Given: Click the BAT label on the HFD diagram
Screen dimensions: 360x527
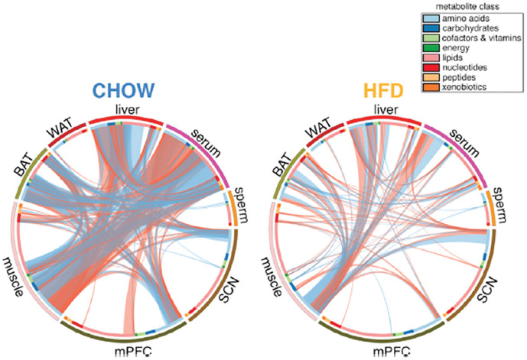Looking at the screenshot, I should coord(285,160).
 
